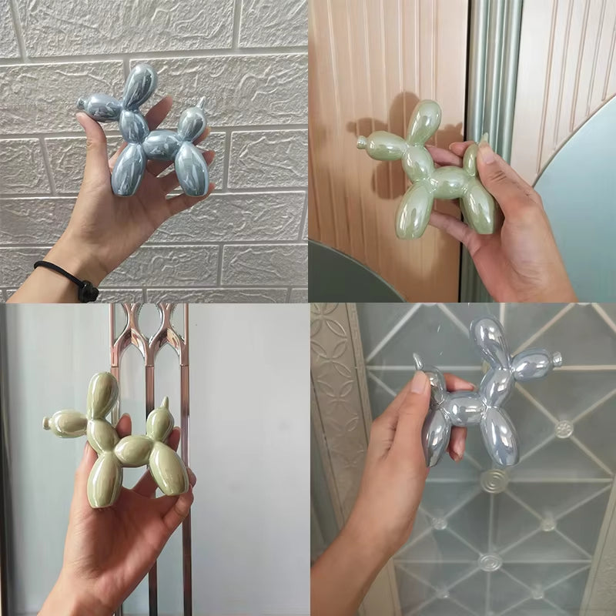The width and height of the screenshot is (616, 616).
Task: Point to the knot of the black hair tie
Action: point(88,291)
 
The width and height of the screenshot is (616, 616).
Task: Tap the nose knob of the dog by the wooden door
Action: point(360,142)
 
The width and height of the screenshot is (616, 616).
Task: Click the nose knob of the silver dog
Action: point(557,359)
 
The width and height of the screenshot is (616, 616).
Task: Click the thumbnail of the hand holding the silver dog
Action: point(419,382)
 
